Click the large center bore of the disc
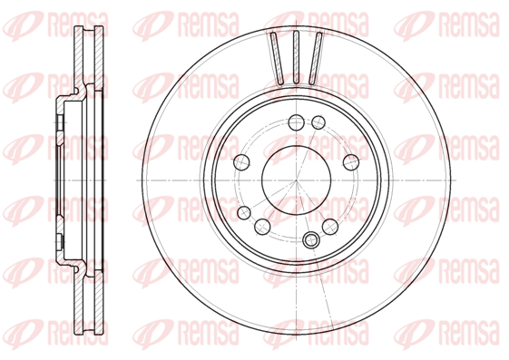pyautogui.click(x=296, y=180)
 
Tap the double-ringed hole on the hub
pyautogui.click(x=311, y=240)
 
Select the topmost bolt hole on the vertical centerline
pyautogui.click(x=296, y=122)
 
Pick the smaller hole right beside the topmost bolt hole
pyautogui.click(x=318, y=122)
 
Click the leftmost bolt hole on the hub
pyautogui.click(x=242, y=162)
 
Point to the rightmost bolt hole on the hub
pyautogui.click(x=351, y=162)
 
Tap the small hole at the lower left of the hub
pyautogui.click(x=244, y=213)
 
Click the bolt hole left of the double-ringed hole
pyautogui.click(x=262, y=227)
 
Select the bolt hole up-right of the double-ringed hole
pyautogui.click(x=330, y=227)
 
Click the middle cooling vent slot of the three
pyautogui.click(x=296, y=58)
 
